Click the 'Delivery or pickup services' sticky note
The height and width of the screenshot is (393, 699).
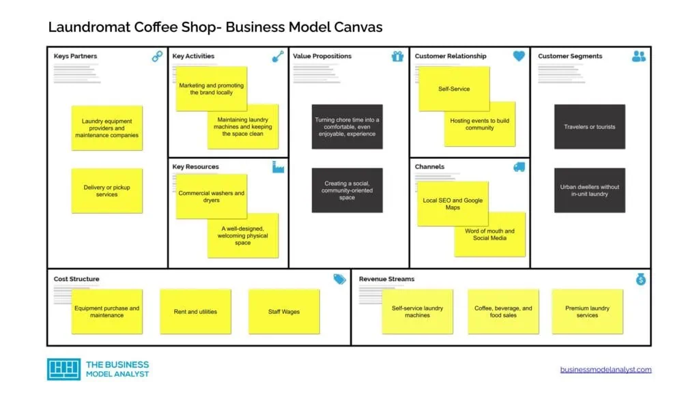point(107,191)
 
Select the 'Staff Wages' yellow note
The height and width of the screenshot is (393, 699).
point(284,312)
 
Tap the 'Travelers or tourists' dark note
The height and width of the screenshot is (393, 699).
point(589,127)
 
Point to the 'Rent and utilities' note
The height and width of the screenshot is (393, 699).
point(195,312)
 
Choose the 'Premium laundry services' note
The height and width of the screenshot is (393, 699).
point(587,312)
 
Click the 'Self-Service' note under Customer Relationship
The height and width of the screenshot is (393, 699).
point(454,89)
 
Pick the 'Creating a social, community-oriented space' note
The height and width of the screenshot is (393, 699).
point(347,190)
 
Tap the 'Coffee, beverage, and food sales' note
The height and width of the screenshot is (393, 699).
point(503,312)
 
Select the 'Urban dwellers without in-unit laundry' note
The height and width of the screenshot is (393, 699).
point(589,190)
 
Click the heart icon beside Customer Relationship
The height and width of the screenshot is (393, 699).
point(519,57)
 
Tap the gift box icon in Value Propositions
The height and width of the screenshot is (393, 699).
point(398,57)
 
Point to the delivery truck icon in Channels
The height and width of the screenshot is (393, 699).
point(519,166)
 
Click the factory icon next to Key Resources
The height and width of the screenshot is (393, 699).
point(278,166)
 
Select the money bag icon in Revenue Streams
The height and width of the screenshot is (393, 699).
point(640,279)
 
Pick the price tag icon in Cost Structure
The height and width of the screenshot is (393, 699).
point(339,279)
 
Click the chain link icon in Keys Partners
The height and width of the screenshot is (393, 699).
point(157,57)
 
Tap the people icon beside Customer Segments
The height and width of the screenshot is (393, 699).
point(639,57)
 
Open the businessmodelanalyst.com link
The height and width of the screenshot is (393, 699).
point(605,370)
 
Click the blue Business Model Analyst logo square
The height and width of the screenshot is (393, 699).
point(63,369)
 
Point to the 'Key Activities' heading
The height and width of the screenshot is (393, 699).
point(193,56)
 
